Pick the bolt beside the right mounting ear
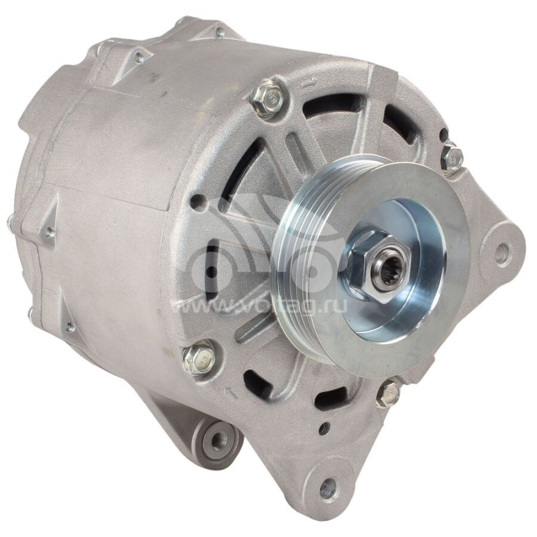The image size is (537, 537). click(x=452, y=158)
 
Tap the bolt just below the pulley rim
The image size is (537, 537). click(x=389, y=393)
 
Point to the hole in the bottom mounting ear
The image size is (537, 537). click(x=328, y=487)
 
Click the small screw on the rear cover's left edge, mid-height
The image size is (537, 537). click(x=48, y=233)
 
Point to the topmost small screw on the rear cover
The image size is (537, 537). click(x=219, y=32)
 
